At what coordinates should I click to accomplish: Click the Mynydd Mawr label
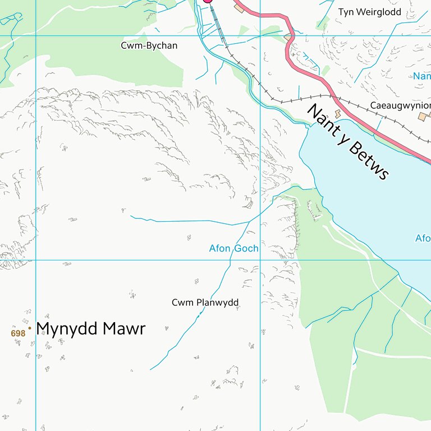point(90,329)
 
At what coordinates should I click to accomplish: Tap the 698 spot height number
point(18,333)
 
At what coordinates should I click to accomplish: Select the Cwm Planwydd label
point(205,303)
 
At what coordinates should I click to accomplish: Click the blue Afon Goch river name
point(233,248)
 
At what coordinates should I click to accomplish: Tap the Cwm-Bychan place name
point(149,45)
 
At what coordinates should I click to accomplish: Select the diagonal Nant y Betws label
point(348,143)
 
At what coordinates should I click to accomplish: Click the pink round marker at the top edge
point(208,1)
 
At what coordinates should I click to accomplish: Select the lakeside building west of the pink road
point(338,114)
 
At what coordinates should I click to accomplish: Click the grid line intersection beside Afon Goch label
point(260,260)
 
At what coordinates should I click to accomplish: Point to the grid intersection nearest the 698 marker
point(36,260)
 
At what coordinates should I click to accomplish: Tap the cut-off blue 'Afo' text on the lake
point(423,239)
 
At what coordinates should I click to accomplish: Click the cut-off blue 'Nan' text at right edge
point(421,76)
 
